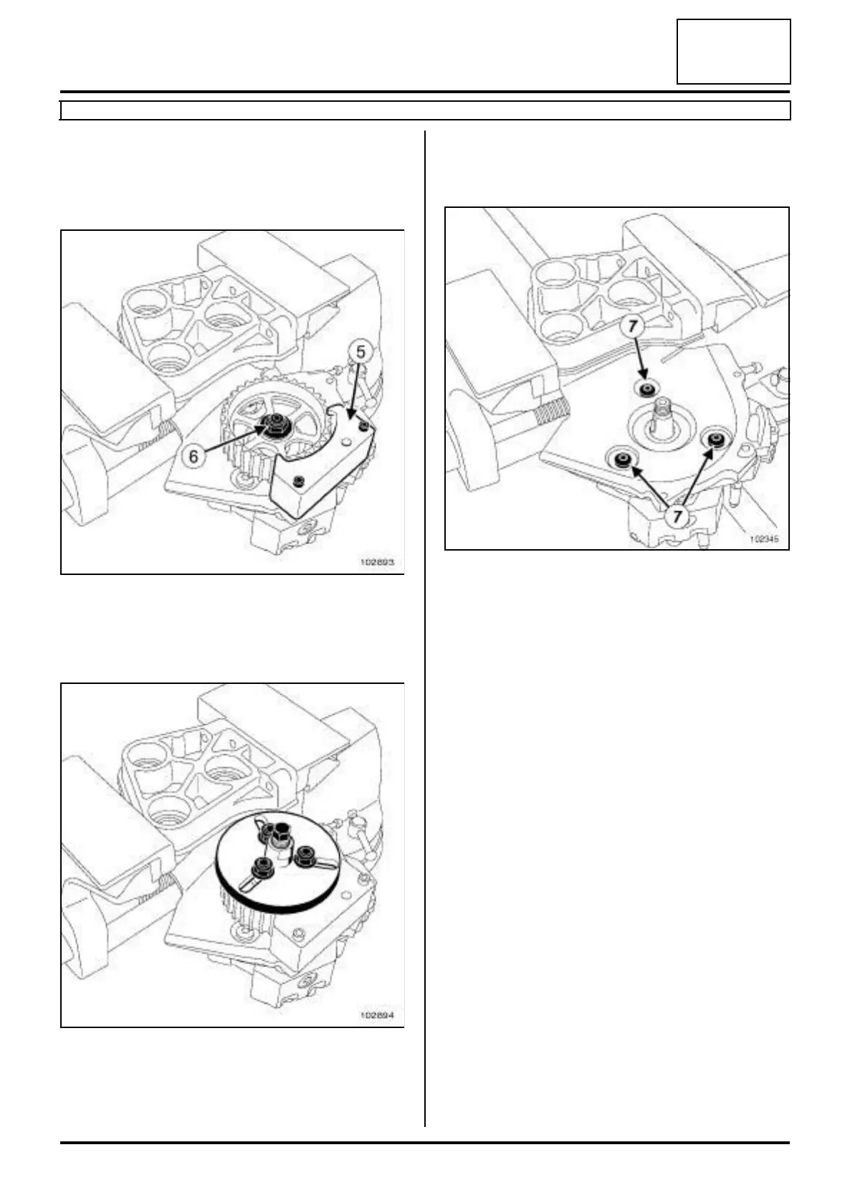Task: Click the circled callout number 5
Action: point(361,352)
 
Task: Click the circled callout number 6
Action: point(193,455)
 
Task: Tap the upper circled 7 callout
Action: point(632,325)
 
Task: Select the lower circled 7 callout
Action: point(677,515)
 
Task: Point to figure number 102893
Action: point(377,563)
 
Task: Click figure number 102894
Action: point(377,1016)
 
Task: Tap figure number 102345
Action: point(764,538)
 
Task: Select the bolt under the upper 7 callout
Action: point(647,389)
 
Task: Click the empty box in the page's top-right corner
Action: point(733,52)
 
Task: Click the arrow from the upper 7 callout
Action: point(640,358)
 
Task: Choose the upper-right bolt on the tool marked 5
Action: point(366,427)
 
